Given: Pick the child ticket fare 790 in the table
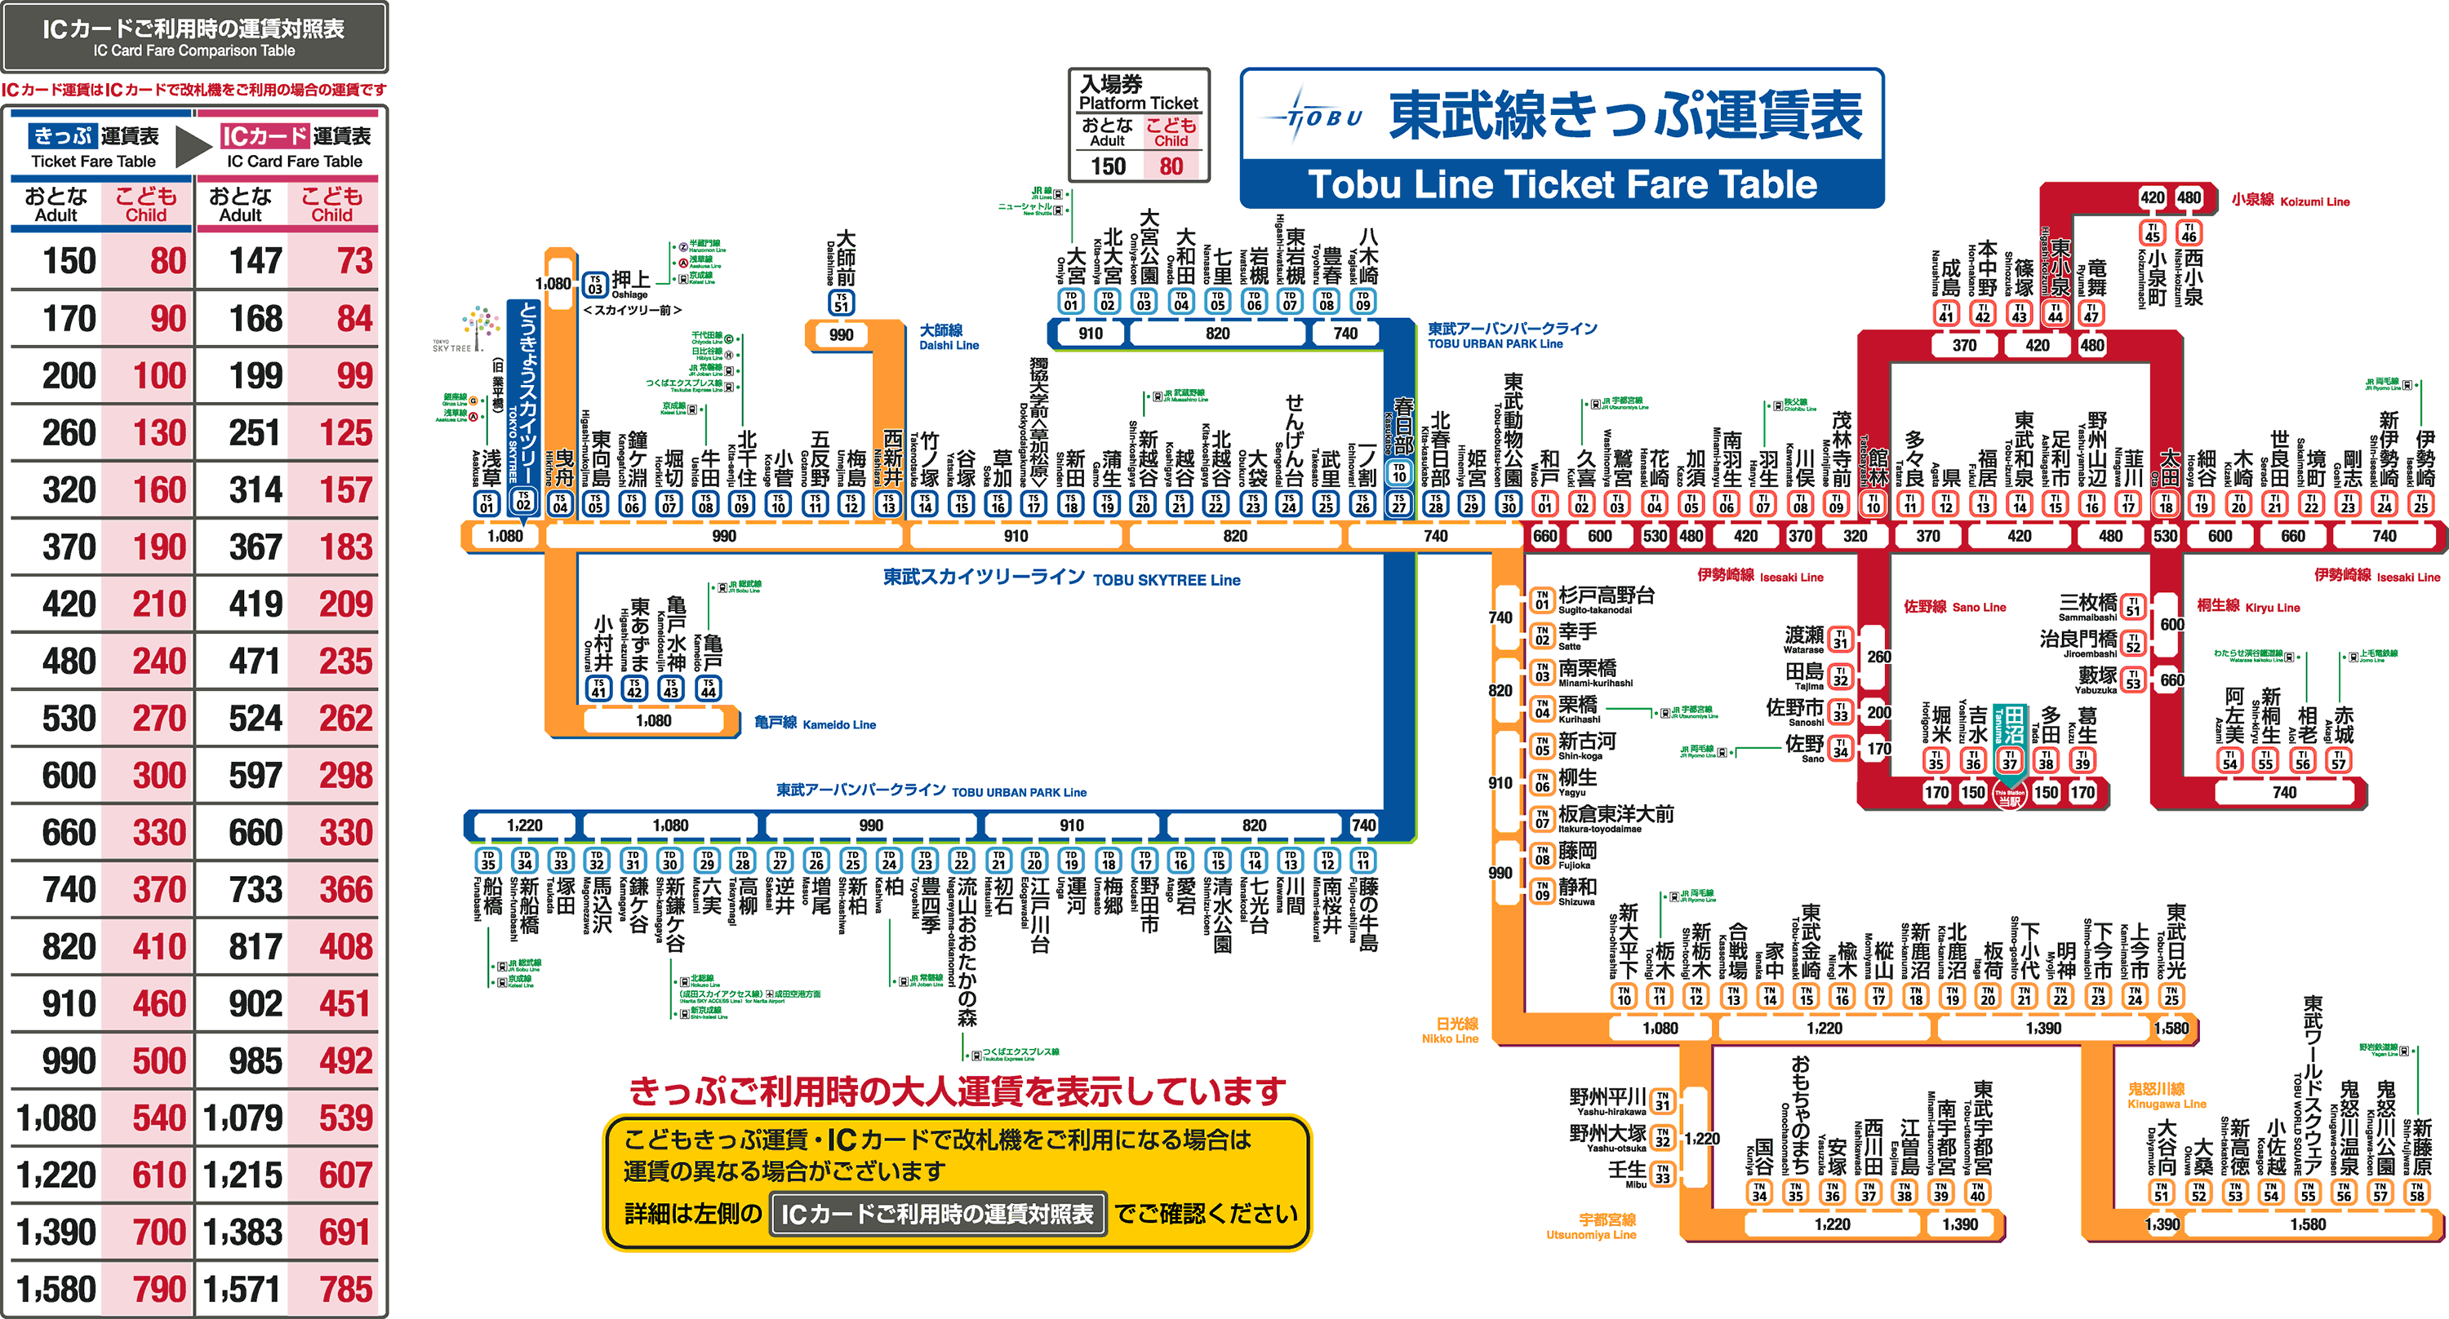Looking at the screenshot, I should pos(158,1289).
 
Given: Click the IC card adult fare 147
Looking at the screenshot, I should pos(255,260).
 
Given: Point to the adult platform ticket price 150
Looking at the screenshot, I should pos(1108,166).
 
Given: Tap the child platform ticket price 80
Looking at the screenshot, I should pos(1171,166).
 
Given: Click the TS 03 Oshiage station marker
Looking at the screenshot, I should pos(595,284).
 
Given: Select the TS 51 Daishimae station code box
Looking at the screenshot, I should pos(842,302).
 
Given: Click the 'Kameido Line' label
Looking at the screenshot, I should pos(815,724).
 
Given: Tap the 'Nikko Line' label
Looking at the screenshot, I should pos(1451,1030).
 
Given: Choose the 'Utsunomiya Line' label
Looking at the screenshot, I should pos(1590,1227).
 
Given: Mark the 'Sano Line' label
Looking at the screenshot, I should pos(1954,606).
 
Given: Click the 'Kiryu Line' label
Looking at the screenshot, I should pos(2248,606).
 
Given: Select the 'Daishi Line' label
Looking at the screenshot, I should pos(948,338).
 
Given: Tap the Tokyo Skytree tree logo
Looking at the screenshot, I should pos(480,327).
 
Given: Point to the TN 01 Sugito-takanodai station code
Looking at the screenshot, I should pos(1541,600).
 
